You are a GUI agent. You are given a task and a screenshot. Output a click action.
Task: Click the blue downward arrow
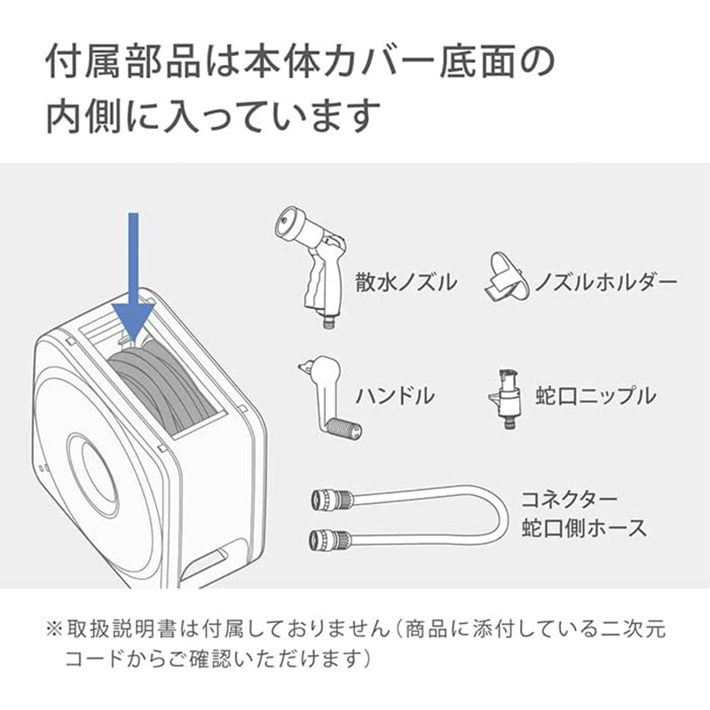[x=134, y=276]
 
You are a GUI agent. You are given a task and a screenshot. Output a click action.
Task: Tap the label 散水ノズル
[x=406, y=282]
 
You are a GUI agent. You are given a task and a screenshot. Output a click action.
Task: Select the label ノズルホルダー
[x=606, y=282]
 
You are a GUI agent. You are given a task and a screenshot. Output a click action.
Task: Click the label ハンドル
[x=395, y=395]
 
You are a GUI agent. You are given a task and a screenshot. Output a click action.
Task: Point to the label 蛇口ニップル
[x=596, y=395]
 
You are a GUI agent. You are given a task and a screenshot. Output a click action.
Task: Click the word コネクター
[x=569, y=500]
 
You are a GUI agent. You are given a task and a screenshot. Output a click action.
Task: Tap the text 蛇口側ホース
[x=584, y=527]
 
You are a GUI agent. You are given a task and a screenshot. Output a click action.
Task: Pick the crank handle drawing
[x=329, y=396]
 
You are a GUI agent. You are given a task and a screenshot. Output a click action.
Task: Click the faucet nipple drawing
[x=508, y=399]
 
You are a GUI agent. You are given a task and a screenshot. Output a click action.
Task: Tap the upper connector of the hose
[x=332, y=500]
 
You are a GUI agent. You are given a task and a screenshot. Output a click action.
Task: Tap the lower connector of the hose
[x=330, y=539]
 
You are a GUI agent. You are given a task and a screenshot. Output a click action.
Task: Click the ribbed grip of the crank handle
[x=344, y=428]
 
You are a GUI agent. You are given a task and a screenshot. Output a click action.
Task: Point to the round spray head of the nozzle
[x=287, y=223]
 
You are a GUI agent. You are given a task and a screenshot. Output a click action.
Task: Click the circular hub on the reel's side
[x=93, y=476]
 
